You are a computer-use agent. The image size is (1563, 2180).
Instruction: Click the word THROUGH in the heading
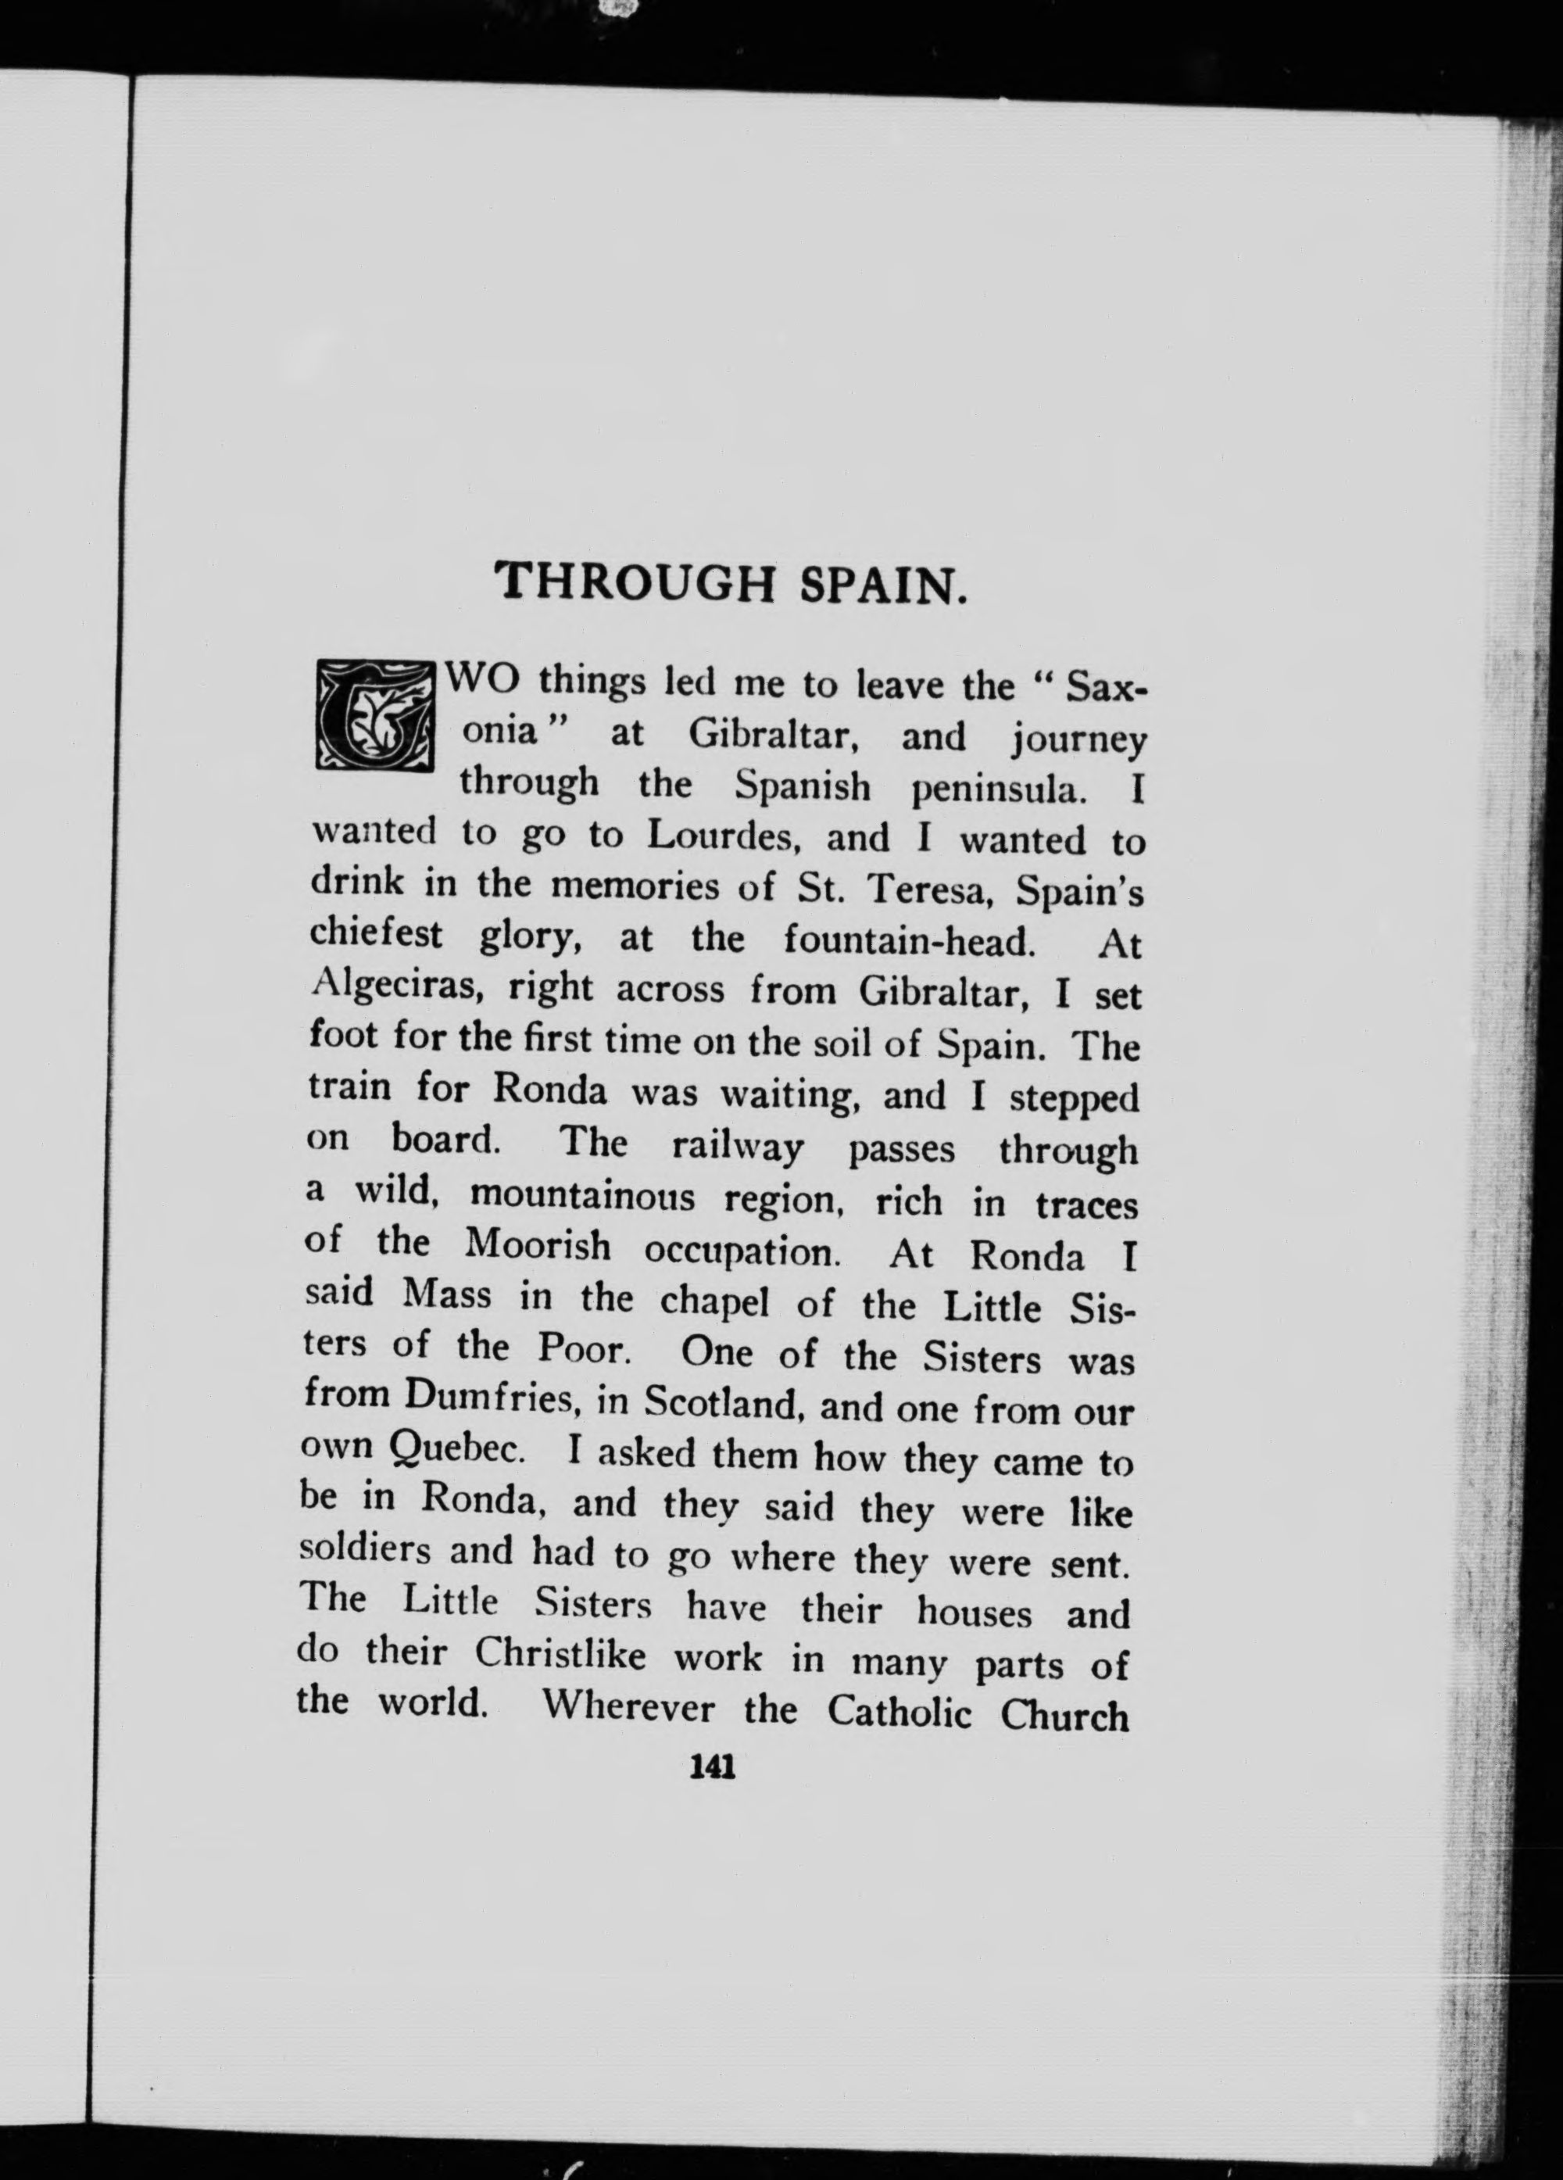pos(638,582)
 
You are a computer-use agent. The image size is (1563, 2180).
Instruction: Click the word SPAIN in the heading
pos(882,585)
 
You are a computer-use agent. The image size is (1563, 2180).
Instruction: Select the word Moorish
pos(538,1246)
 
